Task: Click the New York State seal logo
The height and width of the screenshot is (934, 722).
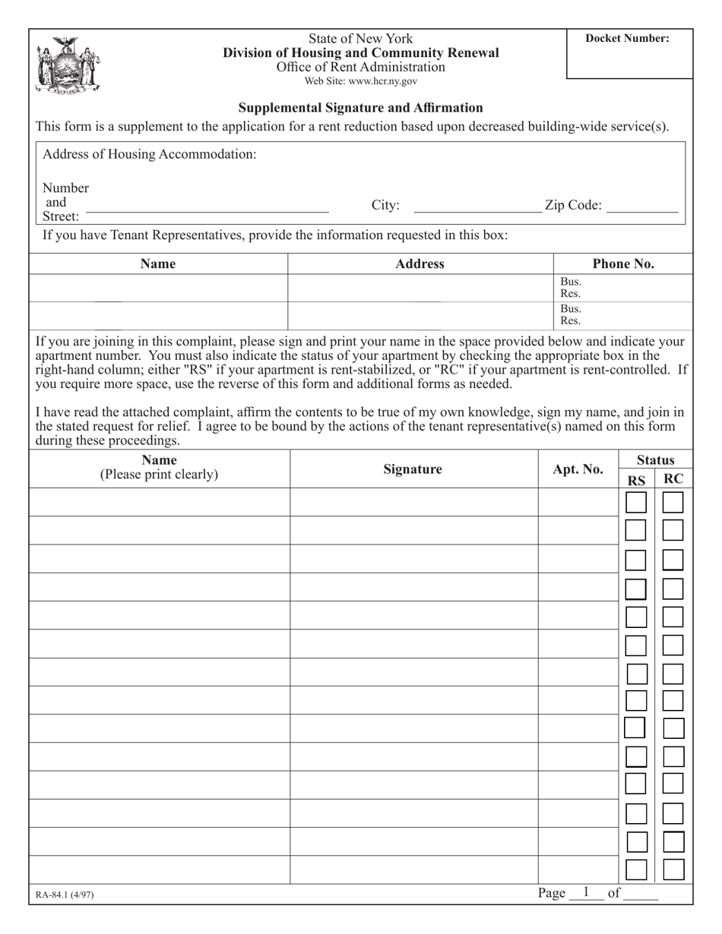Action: (68, 65)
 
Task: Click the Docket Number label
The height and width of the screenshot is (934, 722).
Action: (627, 39)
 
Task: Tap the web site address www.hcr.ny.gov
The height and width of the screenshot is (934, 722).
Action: (360, 81)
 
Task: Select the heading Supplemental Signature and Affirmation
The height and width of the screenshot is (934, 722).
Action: (360, 108)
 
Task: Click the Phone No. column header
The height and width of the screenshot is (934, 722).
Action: (623, 263)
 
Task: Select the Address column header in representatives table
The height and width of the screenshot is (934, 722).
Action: (420, 263)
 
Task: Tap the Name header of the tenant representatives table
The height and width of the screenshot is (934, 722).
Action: (158, 263)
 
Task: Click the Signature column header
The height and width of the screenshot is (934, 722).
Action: (413, 469)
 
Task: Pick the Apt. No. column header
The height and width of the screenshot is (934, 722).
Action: (578, 469)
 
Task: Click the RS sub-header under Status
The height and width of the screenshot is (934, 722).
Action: (636, 479)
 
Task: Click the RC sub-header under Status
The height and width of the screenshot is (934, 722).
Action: (673, 478)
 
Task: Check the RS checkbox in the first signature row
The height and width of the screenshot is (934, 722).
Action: (636, 503)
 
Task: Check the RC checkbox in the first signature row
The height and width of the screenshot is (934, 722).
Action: (673, 503)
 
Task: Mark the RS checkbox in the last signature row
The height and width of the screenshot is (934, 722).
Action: (636, 869)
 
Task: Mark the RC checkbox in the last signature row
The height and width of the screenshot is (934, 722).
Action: (673, 869)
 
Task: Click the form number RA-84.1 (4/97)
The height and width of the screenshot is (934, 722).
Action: (65, 895)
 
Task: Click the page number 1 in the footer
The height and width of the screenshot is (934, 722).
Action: (585, 892)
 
